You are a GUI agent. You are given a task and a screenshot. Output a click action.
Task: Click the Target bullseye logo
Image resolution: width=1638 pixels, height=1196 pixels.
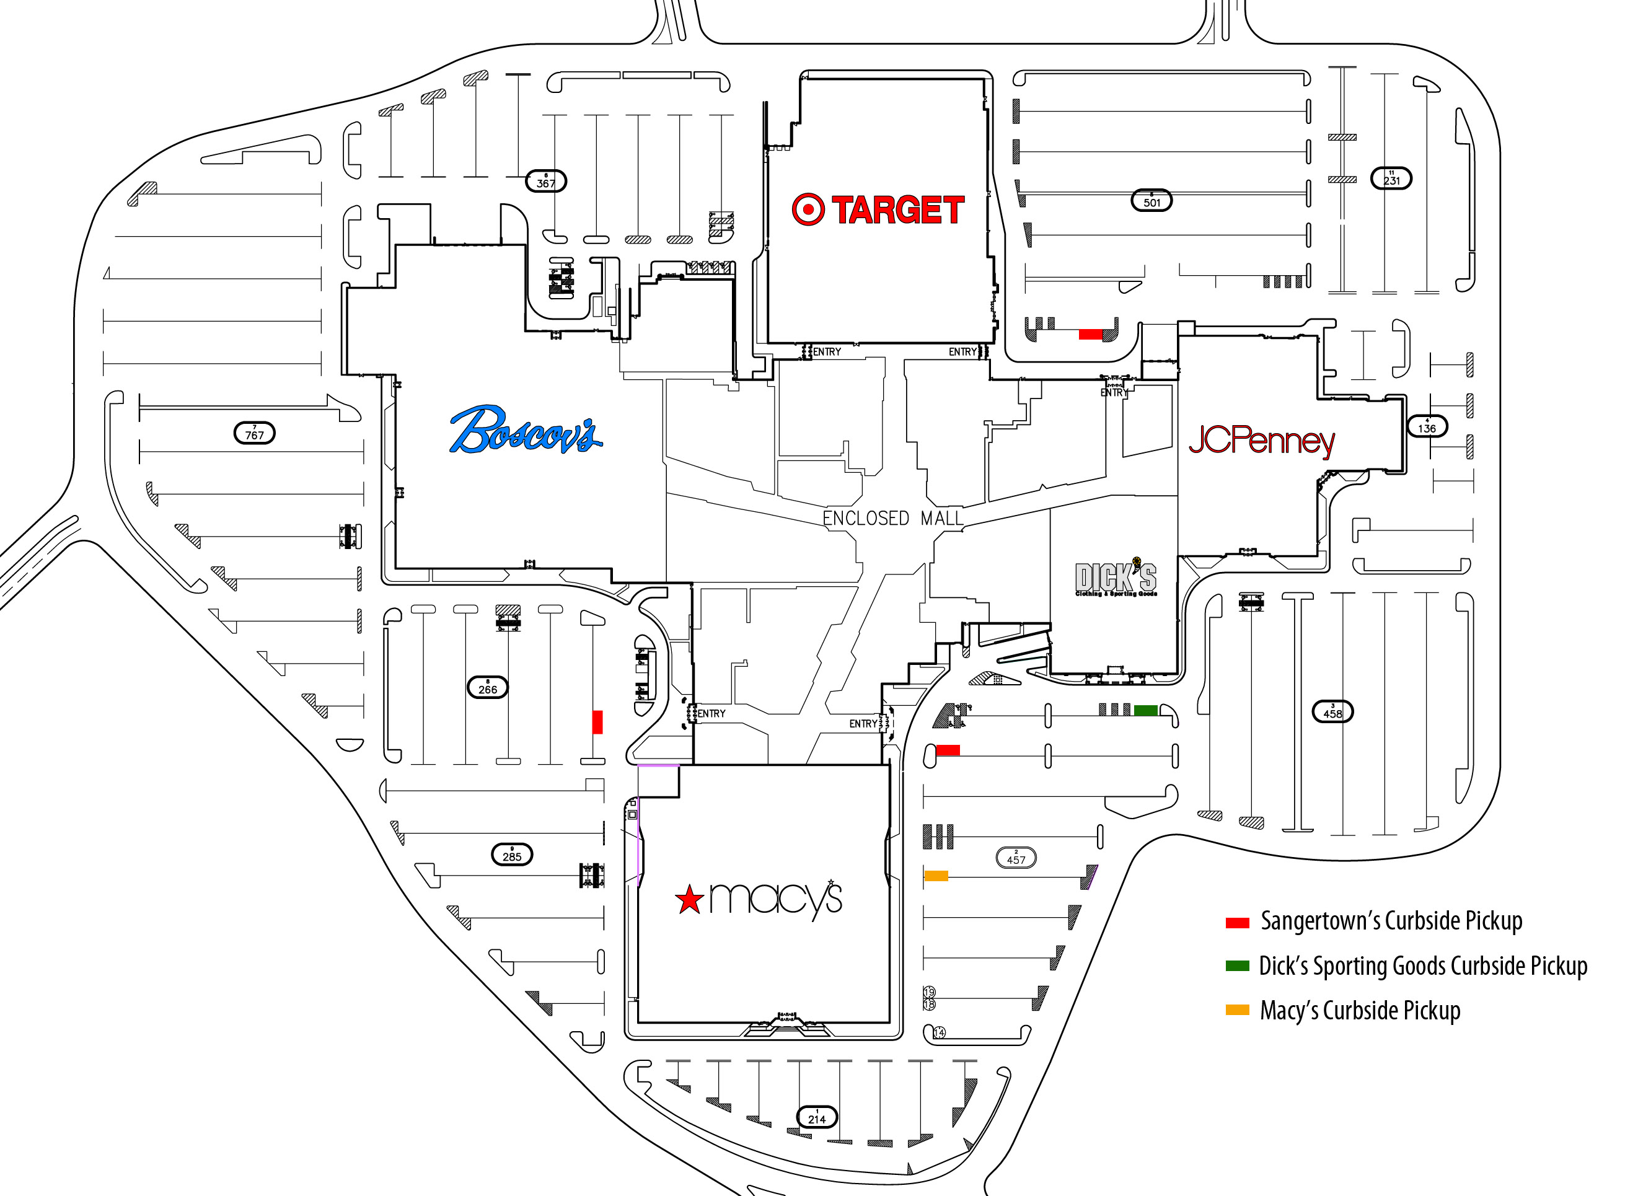tap(808, 210)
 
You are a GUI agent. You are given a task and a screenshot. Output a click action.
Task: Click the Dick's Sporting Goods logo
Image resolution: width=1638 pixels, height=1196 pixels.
tap(1115, 578)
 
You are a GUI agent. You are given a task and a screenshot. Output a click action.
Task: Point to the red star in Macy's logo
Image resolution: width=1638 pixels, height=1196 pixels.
tap(689, 900)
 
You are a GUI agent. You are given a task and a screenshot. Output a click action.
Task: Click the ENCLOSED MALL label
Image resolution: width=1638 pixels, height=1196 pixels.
tap(892, 518)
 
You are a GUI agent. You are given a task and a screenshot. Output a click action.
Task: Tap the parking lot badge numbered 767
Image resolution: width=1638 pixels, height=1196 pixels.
tap(254, 434)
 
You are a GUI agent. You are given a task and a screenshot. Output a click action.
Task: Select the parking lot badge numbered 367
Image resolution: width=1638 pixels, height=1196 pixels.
tap(546, 181)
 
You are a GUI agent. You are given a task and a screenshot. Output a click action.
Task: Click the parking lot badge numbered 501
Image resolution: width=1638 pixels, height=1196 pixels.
tap(1151, 201)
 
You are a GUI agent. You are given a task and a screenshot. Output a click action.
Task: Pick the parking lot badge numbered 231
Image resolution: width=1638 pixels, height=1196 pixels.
tap(1391, 178)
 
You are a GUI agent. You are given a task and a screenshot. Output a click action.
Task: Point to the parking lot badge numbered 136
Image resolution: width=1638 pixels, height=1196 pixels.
tap(1427, 426)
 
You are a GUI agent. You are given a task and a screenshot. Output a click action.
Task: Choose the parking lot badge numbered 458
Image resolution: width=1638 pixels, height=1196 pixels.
tap(1332, 711)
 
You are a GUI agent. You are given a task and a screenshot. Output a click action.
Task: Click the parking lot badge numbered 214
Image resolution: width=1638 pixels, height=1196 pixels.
tap(817, 1117)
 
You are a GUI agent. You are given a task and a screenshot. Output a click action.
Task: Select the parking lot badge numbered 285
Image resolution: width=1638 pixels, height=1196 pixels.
tap(512, 855)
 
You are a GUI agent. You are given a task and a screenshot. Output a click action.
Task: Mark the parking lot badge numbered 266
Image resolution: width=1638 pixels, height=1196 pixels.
tap(488, 687)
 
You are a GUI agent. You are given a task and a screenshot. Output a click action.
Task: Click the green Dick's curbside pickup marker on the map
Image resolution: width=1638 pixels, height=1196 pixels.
tap(1145, 710)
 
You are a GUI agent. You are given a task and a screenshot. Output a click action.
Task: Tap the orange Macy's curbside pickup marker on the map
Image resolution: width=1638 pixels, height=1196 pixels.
tap(936, 876)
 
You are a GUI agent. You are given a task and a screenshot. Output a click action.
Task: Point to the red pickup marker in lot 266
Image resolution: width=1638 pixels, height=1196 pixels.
tap(597, 722)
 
